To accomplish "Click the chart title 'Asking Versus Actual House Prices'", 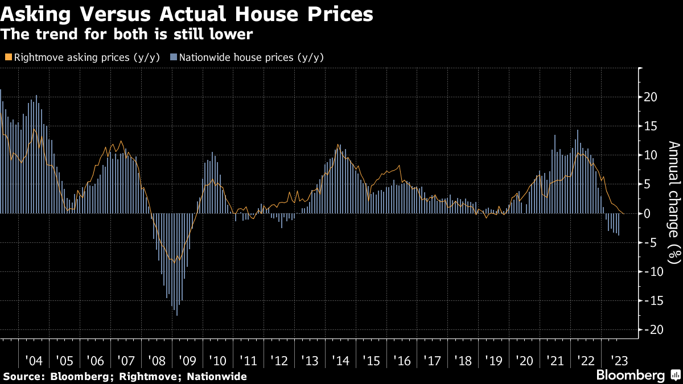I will click(187, 14).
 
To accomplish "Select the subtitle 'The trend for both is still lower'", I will click(127, 34).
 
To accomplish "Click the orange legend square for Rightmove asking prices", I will click(8, 57).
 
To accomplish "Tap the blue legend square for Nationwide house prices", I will click(174, 57).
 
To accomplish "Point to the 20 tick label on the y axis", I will click(650, 97).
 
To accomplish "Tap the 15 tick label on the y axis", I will click(650, 126).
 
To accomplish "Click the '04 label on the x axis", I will click(34, 362).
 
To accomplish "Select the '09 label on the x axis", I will click(187, 362).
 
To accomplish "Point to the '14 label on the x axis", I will click(340, 362).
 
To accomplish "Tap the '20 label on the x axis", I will click(524, 362).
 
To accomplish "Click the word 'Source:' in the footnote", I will click(24, 376).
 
